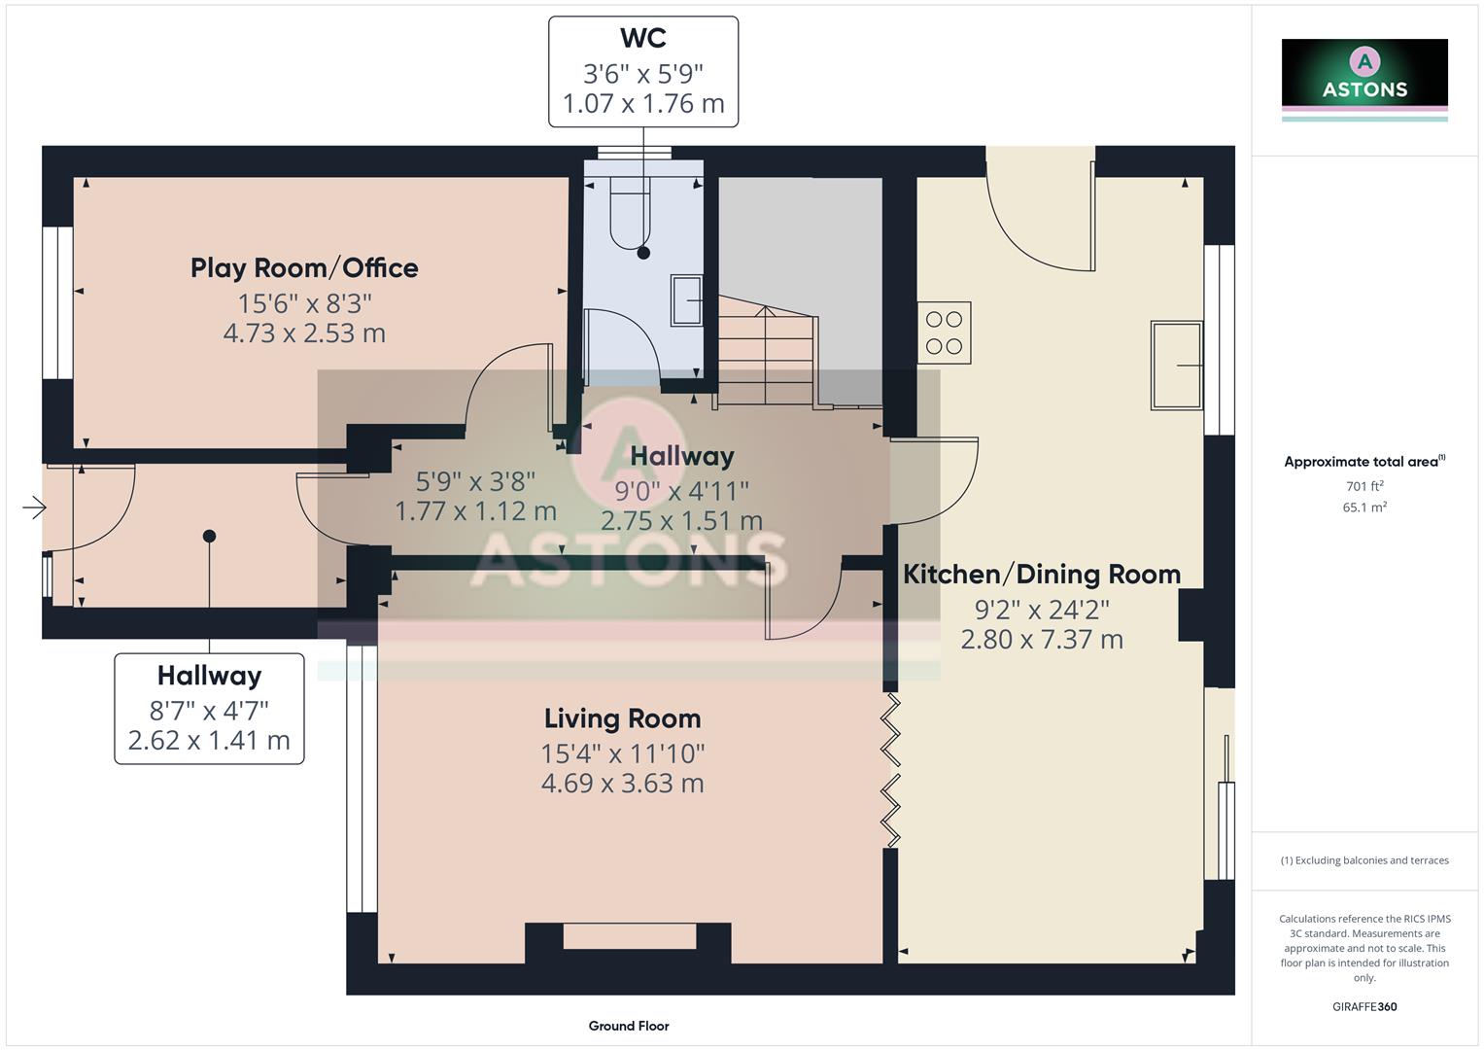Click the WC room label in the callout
click(642, 39)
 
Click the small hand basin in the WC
click(686, 300)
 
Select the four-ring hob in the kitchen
click(944, 332)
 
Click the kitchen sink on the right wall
click(1177, 365)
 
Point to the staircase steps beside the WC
click(766, 355)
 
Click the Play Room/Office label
click(304, 268)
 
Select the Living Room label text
click(622, 718)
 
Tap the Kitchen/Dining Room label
click(1042, 575)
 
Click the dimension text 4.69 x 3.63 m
click(622, 784)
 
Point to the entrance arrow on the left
click(34, 507)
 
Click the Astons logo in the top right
click(1364, 78)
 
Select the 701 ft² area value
click(1364, 486)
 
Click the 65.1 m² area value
click(1364, 507)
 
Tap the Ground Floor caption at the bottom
click(629, 1026)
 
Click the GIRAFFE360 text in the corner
click(1364, 1007)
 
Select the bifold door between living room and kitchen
click(890, 768)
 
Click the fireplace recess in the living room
click(629, 936)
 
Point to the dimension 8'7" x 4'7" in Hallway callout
click(209, 710)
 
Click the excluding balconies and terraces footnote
click(1364, 860)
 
